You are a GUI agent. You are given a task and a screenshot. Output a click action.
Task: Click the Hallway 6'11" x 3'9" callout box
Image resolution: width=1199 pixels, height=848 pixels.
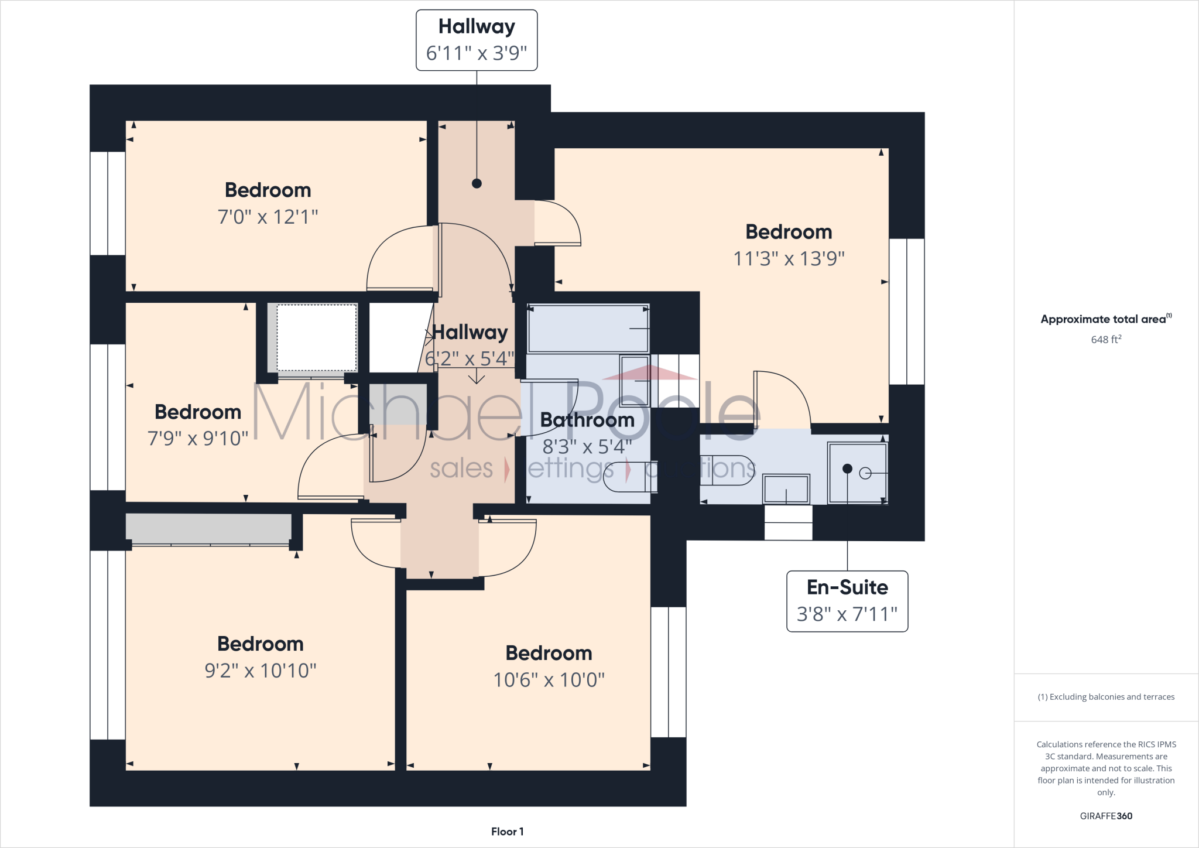coord(476,40)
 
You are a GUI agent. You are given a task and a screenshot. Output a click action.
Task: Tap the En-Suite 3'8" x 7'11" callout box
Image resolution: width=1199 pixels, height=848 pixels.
coord(847,601)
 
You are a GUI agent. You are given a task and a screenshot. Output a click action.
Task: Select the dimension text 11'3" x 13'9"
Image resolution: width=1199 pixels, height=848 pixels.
coord(789,258)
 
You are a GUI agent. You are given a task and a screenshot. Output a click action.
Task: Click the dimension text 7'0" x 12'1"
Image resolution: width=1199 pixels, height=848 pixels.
coord(268,217)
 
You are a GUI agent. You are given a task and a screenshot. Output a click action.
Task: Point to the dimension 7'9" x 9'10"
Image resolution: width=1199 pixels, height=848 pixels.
coord(198,438)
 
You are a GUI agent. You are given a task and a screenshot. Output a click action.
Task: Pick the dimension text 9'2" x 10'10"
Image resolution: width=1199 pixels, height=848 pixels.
coord(260,670)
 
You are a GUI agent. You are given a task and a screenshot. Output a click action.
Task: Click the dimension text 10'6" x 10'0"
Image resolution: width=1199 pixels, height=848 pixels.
coord(549,679)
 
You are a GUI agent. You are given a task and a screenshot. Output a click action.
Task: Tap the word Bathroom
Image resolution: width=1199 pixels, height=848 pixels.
coord(587,420)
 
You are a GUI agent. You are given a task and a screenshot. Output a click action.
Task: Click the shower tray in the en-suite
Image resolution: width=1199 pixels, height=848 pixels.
coord(857,473)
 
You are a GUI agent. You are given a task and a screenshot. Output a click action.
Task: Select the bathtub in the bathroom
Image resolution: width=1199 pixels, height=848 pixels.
coord(587,329)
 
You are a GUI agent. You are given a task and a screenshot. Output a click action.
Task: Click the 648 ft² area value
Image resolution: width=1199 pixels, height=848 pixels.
coord(1105,340)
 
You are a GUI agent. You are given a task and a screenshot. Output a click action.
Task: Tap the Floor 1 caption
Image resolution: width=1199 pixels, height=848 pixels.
coord(507,832)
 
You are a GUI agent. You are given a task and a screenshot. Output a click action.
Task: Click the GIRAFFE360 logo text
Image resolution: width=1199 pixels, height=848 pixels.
coord(1105,816)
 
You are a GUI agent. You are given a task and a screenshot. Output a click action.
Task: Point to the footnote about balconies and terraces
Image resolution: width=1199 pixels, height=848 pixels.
coord(1105,697)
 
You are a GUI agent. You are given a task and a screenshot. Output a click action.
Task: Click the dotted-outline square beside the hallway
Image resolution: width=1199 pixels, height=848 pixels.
coord(316,337)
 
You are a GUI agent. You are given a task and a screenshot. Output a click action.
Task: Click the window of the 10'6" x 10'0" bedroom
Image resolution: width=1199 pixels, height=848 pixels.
coord(668,672)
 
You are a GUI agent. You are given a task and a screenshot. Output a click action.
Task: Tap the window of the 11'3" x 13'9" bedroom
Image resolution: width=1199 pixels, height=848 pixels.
coord(906,311)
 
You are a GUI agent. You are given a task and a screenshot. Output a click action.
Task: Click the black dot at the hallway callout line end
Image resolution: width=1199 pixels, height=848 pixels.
coord(477,183)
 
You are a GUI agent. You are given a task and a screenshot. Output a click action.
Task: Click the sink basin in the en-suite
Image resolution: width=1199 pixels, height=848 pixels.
coord(786,488)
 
